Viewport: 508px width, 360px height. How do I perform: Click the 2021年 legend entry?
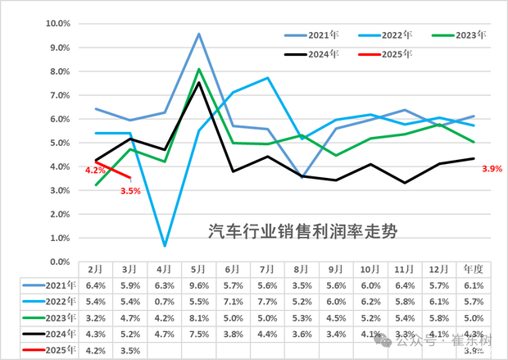tap(320, 35)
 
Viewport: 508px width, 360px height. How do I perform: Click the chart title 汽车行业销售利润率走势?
tap(302, 231)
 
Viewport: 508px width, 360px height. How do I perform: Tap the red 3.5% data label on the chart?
tap(130, 190)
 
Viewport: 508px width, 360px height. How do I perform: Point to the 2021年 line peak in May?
tap(198, 34)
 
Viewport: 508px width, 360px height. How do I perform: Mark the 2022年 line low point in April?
tap(165, 245)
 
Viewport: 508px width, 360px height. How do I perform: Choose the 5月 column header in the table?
tap(198, 269)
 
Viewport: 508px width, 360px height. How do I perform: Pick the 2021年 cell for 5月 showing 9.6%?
tap(198, 285)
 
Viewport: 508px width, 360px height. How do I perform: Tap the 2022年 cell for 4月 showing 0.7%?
tap(165, 302)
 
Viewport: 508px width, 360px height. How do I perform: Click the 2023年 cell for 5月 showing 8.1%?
tap(198, 318)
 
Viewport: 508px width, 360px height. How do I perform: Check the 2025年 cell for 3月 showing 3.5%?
tap(130, 351)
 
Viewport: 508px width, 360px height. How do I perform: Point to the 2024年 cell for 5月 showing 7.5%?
tap(198, 335)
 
